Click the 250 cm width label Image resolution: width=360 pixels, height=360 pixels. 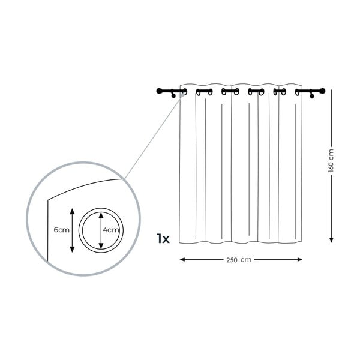(x=239, y=260)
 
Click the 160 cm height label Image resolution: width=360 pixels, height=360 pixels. (x=331, y=160)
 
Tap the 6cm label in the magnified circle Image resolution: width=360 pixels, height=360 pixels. (x=62, y=230)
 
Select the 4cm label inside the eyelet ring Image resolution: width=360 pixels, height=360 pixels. (x=111, y=230)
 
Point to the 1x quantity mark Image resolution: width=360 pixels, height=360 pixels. (x=163, y=239)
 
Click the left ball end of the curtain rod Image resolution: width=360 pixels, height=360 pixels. (x=159, y=91)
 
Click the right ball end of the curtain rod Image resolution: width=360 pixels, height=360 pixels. (x=322, y=91)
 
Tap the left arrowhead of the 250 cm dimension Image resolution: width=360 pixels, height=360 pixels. (x=182, y=259)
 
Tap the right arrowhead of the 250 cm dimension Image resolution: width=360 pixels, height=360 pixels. (x=299, y=259)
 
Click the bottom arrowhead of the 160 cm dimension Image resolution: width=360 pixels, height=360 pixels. (x=331, y=240)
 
